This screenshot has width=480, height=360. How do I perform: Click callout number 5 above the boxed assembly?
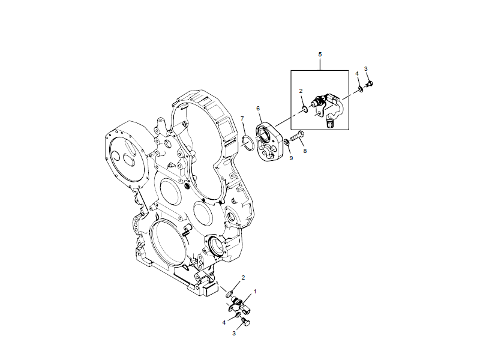[x=320, y=55]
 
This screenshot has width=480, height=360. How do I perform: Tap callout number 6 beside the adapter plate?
[x=259, y=109]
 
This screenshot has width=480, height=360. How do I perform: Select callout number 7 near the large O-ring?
[x=242, y=118]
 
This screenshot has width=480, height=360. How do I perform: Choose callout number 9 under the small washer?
[x=291, y=159]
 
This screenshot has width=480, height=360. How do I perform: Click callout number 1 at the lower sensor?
[x=255, y=292]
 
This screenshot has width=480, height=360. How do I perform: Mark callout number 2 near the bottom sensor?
[x=243, y=278]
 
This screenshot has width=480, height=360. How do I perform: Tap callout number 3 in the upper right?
[x=366, y=69]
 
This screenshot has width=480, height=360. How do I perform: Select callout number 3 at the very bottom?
[x=235, y=333]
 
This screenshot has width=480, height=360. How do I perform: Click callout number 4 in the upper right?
[x=357, y=74]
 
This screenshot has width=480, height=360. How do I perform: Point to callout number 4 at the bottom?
[x=224, y=322]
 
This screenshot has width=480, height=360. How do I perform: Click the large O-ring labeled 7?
[x=246, y=142]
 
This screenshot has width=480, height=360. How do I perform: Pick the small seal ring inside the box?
[x=305, y=109]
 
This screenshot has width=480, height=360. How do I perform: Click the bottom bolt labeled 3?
[x=245, y=323]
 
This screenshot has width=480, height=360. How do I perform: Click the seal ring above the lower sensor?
[x=230, y=293]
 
